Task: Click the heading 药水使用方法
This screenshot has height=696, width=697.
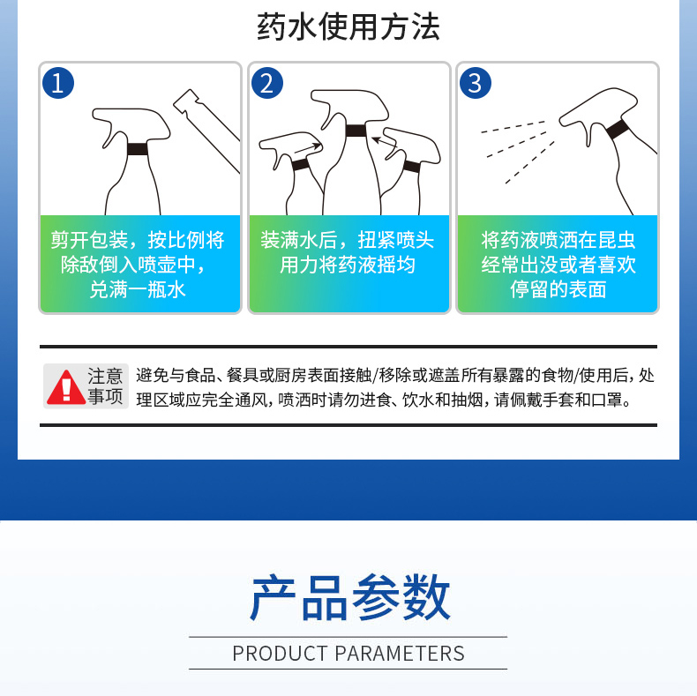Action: tap(348, 26)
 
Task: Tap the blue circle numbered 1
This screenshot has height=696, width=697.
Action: tap(57, 83)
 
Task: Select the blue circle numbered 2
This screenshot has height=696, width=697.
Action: tap(267, 83)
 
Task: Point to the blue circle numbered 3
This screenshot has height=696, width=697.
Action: tap(476, 83)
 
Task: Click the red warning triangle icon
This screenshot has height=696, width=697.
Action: tap(66, 387)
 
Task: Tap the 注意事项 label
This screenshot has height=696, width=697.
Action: tap(105, 385)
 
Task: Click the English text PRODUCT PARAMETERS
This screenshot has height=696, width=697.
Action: tap(348, 654)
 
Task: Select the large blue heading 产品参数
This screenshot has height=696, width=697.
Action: tap(350, 597)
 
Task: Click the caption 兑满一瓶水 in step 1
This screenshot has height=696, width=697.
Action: tap(138, 289)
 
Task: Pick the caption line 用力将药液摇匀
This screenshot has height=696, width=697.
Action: tap(348, 265)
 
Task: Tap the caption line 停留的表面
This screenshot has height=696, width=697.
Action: tap(558, 289)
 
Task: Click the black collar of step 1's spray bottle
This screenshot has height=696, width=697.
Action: tap(138, 149)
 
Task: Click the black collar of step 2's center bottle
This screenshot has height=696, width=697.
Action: tap(356, 131)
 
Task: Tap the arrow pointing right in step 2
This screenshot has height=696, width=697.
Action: tap(308, 148)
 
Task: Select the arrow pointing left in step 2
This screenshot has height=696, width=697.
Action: tap(385, 142)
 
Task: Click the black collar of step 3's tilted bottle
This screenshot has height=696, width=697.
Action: tap(618, 130)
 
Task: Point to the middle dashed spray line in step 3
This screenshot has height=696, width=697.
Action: tap(517, 144)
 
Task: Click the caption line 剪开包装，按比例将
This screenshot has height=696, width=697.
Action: tap(138, 240)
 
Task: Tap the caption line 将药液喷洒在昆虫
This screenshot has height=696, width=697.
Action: tap(558, 240)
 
